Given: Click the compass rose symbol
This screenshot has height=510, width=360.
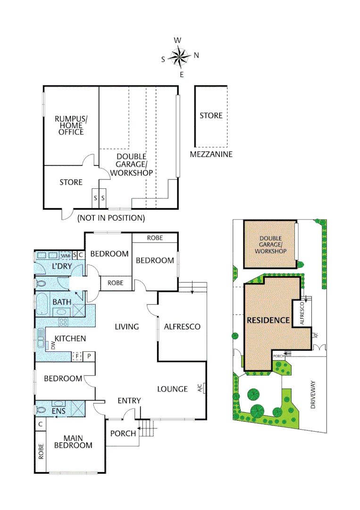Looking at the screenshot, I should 179,57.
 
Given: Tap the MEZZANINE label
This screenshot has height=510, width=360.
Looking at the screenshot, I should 211,154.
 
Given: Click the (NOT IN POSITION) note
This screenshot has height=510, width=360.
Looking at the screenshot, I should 111,218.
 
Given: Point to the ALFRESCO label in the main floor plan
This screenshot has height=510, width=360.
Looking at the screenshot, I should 182,326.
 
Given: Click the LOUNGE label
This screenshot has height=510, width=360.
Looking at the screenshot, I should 172,389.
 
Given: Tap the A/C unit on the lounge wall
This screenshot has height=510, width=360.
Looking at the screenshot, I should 200,389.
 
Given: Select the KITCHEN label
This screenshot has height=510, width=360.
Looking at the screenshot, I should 70,338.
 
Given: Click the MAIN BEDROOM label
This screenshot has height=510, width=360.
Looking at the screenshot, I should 73,442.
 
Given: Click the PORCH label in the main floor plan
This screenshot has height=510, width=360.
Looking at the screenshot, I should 123,433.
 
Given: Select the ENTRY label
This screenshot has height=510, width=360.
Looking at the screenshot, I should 129,400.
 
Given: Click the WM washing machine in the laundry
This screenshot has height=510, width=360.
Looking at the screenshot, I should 65,255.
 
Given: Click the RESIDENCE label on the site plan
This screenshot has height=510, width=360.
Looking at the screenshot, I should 268,320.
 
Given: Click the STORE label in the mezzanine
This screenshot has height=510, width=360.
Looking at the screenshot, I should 211,115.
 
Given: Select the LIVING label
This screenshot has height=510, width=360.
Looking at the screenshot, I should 127,326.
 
